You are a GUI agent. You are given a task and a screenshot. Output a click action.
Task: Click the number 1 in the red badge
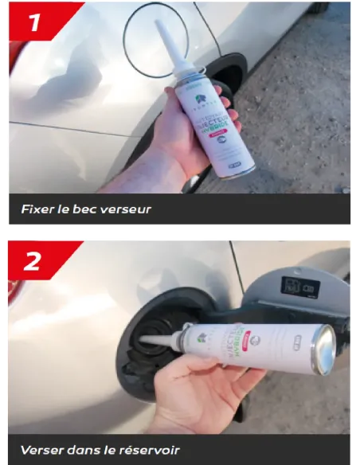click(x=33, y=23)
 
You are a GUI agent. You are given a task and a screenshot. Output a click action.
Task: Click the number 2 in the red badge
click(x=33, y=260)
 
